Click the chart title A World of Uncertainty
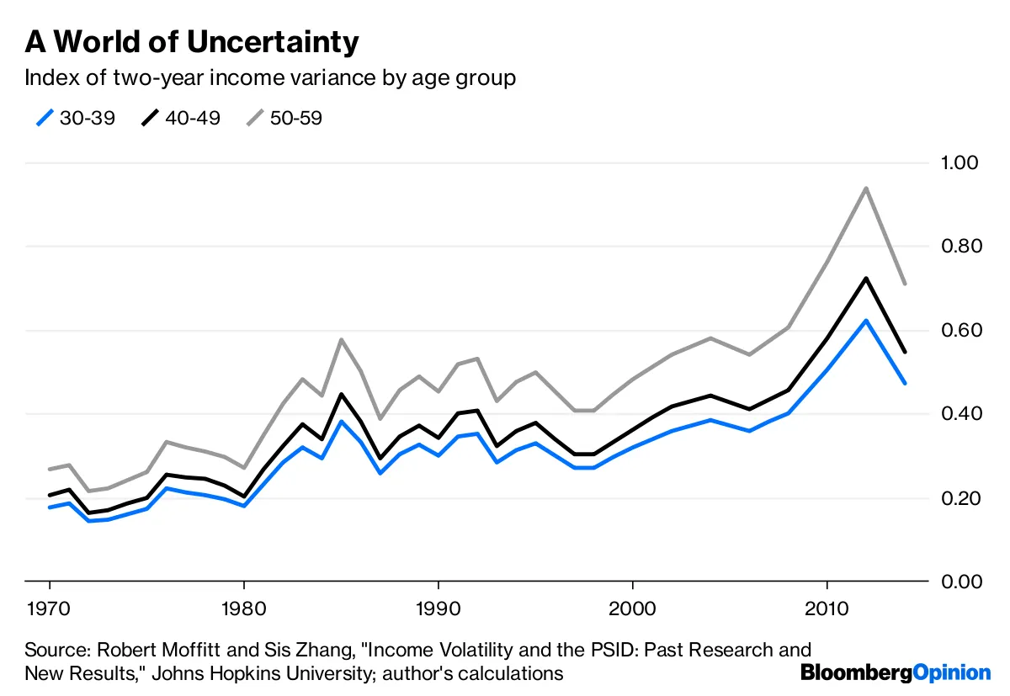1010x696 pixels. pyautogui.click(x=192, y=41)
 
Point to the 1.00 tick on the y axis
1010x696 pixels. pyautogui.click(x=960, y=162)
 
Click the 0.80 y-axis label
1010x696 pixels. pyautogui.click(x=960, y=247)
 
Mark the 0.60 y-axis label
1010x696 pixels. pyautogui.click(x=960, y=330)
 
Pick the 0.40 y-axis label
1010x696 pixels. pyautogui.click(x=960, y=414)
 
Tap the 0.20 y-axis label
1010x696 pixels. pyautogui.click(x=960, y=498)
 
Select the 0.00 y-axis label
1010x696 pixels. pyautogui.click(x=960, y=582)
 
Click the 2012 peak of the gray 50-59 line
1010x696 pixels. pyautogui.click(x=865, y=188)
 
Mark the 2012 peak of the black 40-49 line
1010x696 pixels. pyautogui.click(x=865, y=278)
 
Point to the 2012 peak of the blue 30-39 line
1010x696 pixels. pyautogui.click(x=865, y=320)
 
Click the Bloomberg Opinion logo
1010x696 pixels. pyautogui.click(x=896, y=672)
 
